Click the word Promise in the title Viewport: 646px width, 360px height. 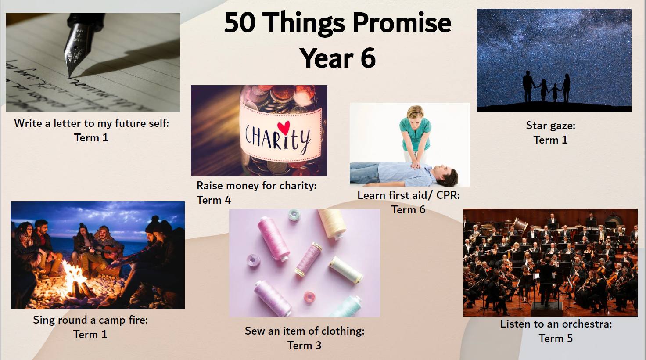[402, 24]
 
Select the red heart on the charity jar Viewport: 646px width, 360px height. [284, 127]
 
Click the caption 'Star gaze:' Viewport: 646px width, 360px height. [550, 126]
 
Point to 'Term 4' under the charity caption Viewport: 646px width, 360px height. [214, 200]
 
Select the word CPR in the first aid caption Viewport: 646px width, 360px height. [448, 195]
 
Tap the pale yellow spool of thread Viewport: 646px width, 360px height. [333, 223]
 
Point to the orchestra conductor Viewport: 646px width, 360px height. [547, 281]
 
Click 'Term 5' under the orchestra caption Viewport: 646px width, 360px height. [556, 338]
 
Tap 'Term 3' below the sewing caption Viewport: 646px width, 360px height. [304, 345]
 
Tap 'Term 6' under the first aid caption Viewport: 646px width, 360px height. [408, 210]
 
